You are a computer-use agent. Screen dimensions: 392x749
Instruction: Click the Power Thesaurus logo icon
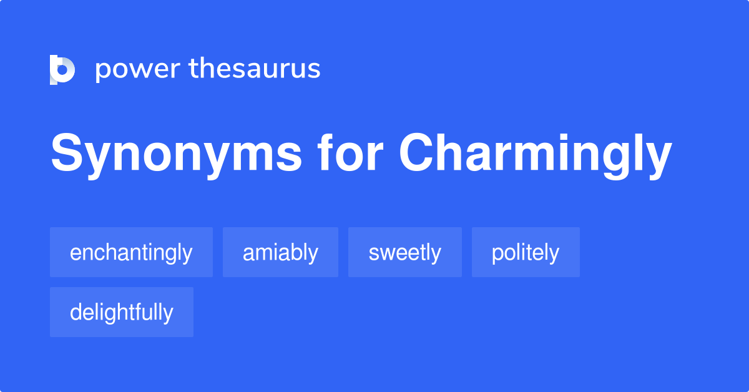click(x=62, y=69)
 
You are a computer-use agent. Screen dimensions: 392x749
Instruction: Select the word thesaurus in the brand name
click(x=255, y=69)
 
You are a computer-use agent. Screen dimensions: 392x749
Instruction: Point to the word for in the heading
click(x=350, y=153)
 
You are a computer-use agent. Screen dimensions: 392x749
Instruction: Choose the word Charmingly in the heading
click(x=536, y=154)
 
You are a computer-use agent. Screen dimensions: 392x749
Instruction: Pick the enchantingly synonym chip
click(x=131, y=252)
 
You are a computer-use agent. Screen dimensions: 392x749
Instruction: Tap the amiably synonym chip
click(x=280, y=252)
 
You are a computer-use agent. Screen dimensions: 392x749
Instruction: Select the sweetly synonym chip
click(x=404, y=252)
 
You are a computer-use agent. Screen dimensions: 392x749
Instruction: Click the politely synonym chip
click(x=526, y=252)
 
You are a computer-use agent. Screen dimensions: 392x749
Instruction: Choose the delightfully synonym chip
click(x=122, y=312)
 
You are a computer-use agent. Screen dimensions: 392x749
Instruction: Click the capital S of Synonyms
click(x=66, y=153)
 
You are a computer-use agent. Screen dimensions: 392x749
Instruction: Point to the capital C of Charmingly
click(x=418, y=153)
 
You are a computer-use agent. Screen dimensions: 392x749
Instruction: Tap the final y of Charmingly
click(x=658, y=159)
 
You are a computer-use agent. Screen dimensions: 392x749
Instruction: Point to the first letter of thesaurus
click(x=193, y=69)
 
